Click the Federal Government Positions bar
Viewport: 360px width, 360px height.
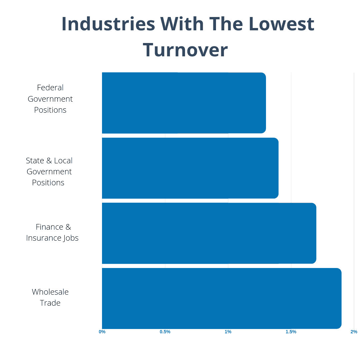[x=184, y=103]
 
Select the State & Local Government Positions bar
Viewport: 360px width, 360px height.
[x=190, y=168]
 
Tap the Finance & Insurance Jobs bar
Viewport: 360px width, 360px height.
[x=209, y=233]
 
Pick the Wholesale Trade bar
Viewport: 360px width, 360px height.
[x=221, y=298]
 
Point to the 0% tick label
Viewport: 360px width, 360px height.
[x=102, y=332]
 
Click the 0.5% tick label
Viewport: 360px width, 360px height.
[x=165, y=332]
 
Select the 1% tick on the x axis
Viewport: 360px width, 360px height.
[x=228, y=332]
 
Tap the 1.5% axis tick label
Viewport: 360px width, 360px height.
[x=291, y=332]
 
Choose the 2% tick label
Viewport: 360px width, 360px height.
[x=354, y=332]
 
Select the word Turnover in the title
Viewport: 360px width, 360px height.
[x=185, y=50]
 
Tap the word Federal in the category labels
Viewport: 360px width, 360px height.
[x=50, y=88]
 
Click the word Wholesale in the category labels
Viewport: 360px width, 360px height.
[x=50, y=292]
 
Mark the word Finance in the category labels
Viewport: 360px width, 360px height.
[x=49, y=227]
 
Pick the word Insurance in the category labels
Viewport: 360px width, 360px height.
[x=43, y=238]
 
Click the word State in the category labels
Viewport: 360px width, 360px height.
[x=35, y=161]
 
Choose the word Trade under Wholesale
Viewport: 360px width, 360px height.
[x=50, y=303]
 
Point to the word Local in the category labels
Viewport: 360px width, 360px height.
[x=63, y=161]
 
